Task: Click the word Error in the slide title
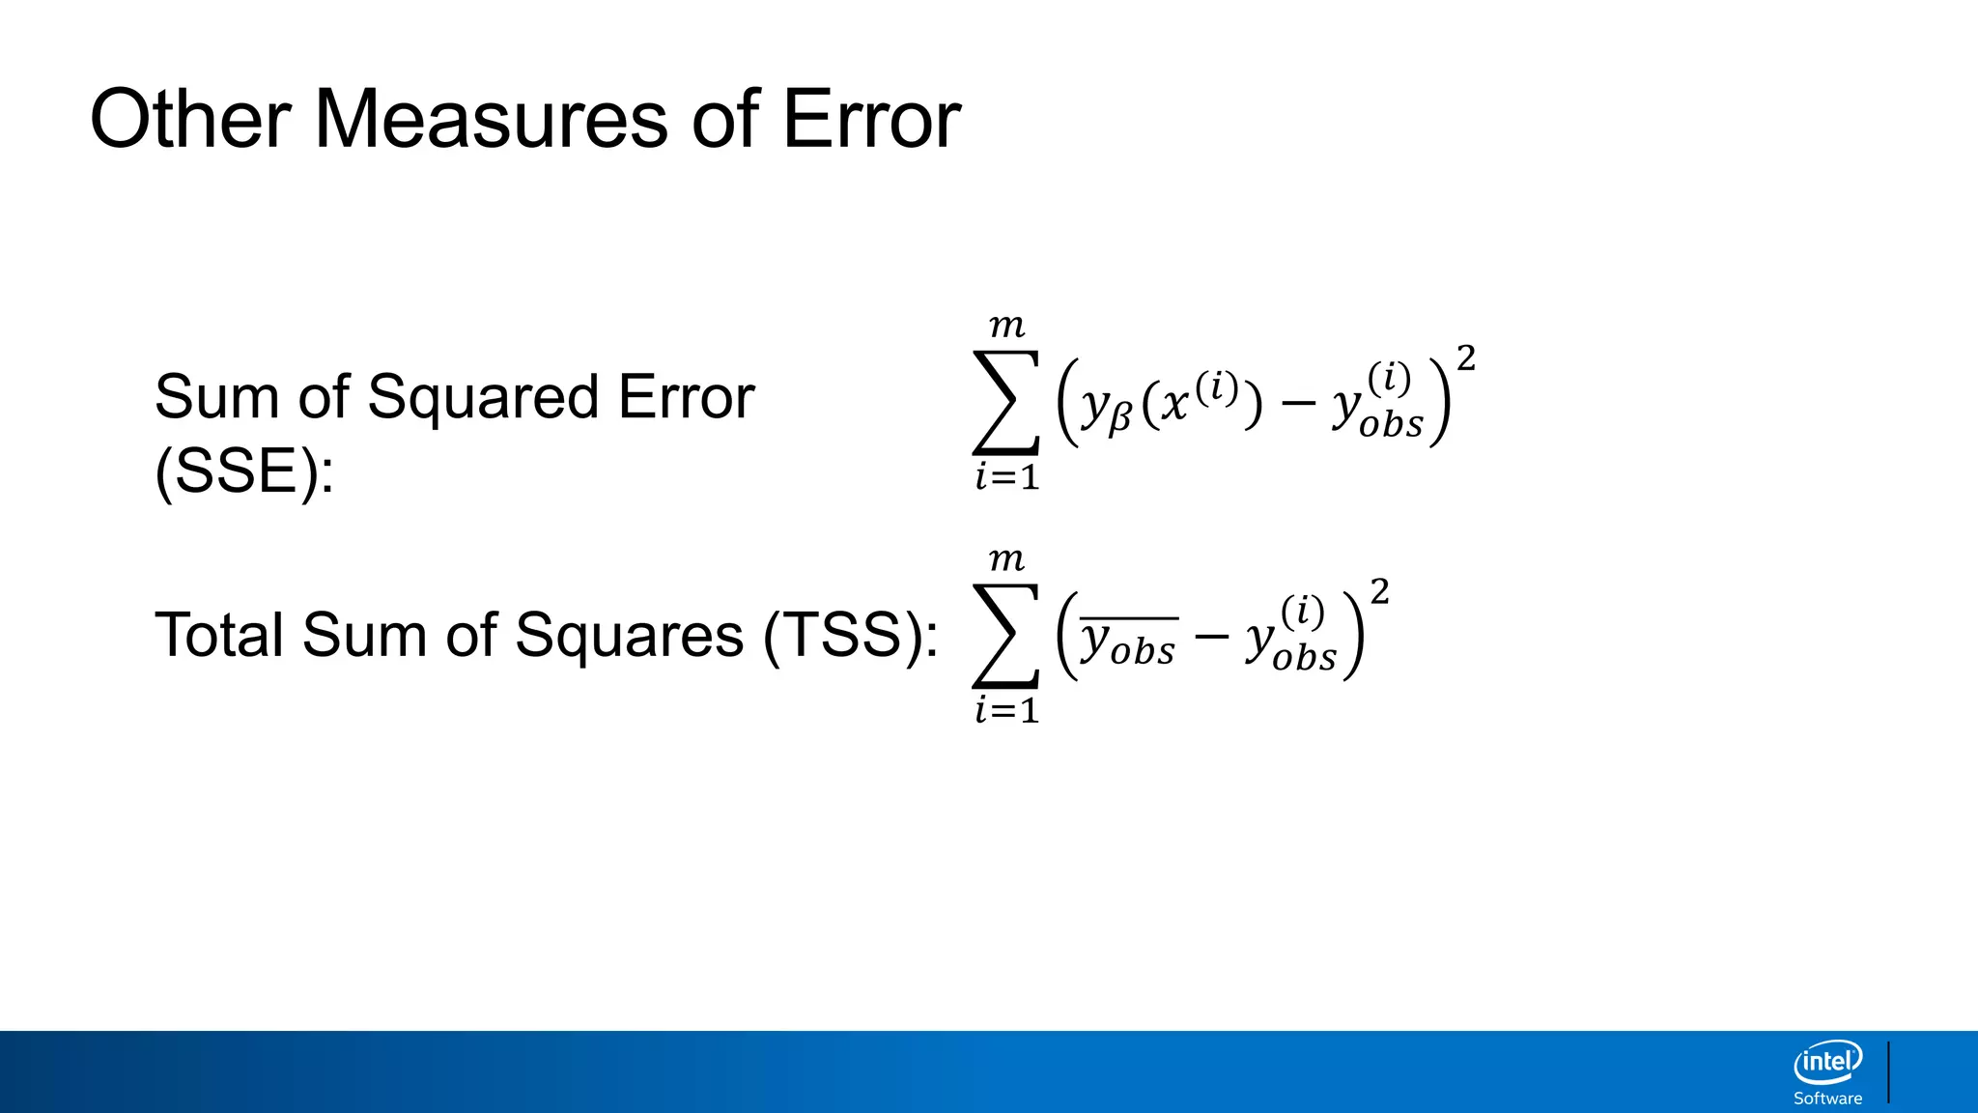coord(870,120)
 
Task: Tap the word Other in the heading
coord(190,120)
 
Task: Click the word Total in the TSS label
coord(218,636)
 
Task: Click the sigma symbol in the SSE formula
coord(1006,402)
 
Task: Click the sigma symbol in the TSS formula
coord(1006,636)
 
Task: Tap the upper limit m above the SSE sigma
coord(1006,327)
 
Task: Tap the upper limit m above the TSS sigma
coord(1006,560)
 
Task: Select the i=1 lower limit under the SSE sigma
coord(1006,477)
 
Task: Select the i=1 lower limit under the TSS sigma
coord(1006,711)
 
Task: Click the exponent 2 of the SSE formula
coord(1466,358)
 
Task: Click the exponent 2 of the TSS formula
coord(1380,591)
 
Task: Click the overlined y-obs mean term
coord(1128,642)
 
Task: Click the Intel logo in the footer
coord(1827,1063)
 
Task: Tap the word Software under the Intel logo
coord(1827,1099)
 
